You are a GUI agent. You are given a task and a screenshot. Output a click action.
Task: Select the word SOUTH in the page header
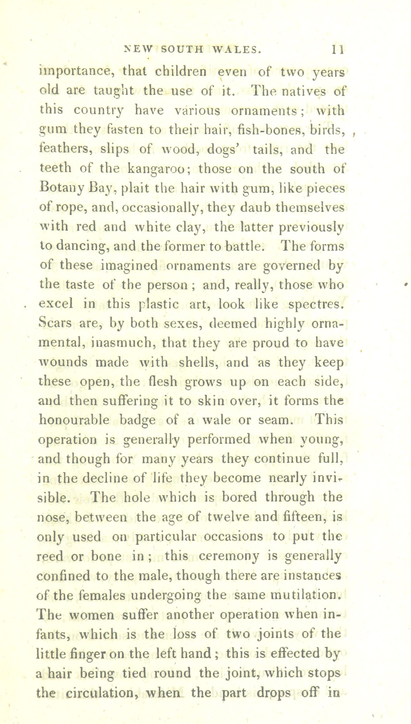click(183, 50)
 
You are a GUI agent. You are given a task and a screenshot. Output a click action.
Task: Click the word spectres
click(316, 304)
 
